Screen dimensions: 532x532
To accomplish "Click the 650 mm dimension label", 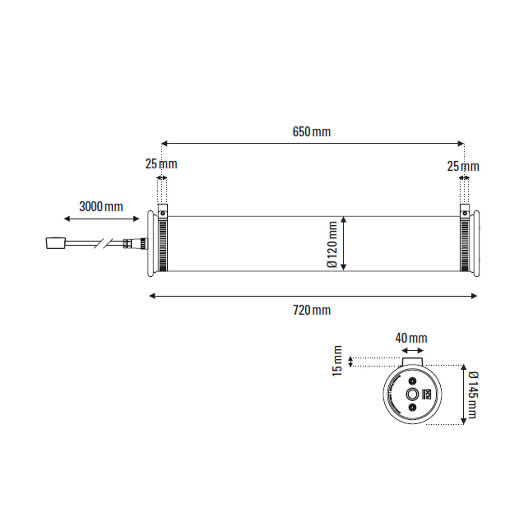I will coord(311,132).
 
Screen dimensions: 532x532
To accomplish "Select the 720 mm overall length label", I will coord(312,310).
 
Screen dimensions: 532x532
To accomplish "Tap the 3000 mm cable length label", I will coord(101,207).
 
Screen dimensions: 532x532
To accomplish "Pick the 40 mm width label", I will coord(411,338).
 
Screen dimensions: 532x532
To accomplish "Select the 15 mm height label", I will coord(338,361).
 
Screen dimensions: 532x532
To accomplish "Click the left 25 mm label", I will coord(161,164).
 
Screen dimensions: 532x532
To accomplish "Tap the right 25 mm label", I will coord(463,167).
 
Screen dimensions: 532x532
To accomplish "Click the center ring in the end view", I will coord(412,394).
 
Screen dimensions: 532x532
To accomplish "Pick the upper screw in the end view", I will coord(412,381).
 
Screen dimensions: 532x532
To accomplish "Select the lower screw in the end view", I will coord(412,407).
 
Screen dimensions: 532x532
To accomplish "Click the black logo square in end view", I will coord(428,394).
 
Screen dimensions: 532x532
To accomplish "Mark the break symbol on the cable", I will coord(103,243).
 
